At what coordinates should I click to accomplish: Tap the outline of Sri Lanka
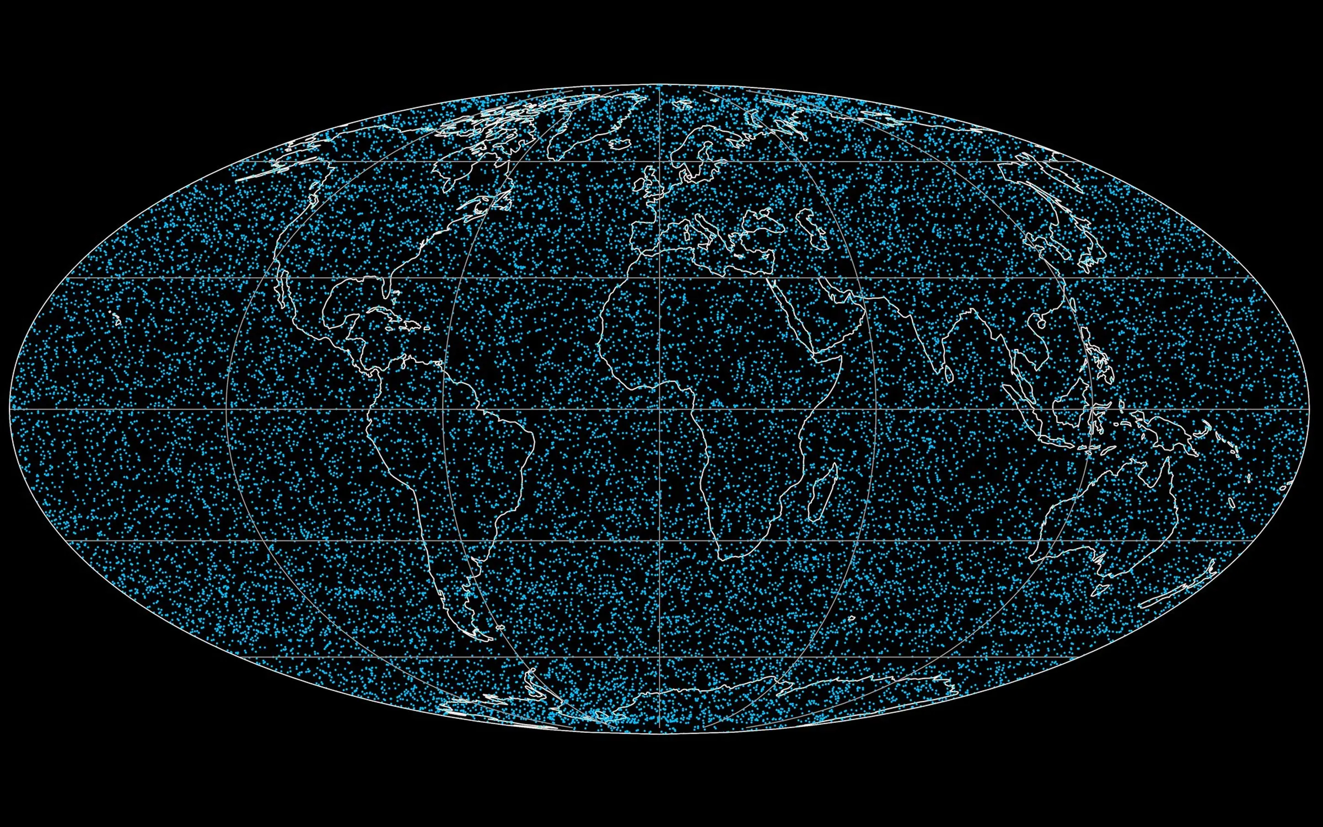(x=948, y=375)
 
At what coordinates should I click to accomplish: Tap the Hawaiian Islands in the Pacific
(x=115, y=317)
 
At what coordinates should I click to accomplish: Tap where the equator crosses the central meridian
(x=660, y=409)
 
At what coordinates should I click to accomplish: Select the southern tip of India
(x=937, y=366)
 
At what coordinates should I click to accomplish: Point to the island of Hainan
(x=1041, y=323)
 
